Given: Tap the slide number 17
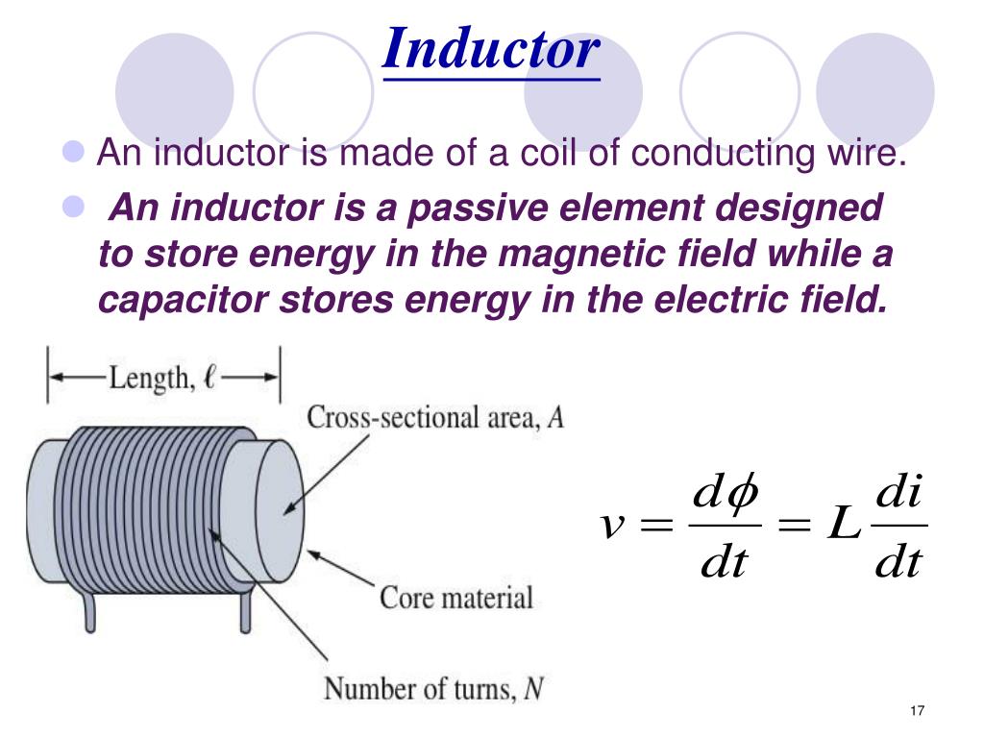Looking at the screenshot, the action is coord(915,710).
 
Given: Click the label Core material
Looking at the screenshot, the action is coord(455,598).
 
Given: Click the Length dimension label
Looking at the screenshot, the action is coord(163,377).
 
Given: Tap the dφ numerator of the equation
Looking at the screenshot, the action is coord(725,497).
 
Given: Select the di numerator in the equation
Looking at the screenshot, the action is coord(900,497).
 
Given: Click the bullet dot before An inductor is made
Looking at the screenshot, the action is coord(76,150).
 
